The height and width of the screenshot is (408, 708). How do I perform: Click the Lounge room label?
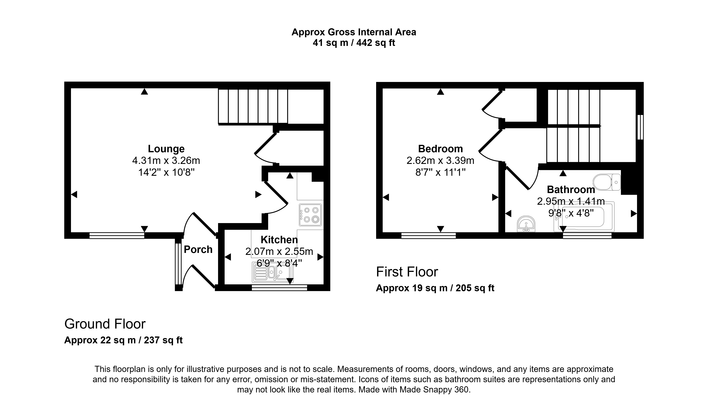point(166,149)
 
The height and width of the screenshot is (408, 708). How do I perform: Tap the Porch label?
point(198,249)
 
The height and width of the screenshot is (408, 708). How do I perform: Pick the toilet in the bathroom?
point(607,182)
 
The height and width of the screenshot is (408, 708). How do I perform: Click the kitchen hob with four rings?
point(310,215)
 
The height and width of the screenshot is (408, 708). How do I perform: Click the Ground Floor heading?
point(105,324)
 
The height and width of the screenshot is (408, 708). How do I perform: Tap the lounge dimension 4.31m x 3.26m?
point(166,161)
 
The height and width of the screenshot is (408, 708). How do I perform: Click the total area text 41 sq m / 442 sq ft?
point(354,43)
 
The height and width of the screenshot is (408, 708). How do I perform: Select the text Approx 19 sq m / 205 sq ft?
point(435,288)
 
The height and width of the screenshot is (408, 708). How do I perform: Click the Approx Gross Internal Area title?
point(354,32)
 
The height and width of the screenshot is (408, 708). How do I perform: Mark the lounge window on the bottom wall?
point(117,236)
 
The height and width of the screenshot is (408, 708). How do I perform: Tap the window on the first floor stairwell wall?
point(640,127)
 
